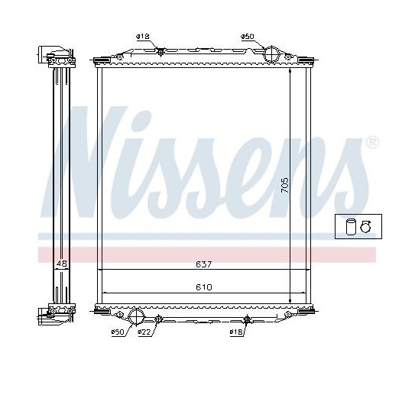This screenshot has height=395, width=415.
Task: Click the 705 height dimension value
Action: click(x=284, y=185)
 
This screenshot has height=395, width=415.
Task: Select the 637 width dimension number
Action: click(x=204, y=264)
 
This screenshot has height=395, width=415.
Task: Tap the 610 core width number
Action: click(x=204, y=287)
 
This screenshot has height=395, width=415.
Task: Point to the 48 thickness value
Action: click(x=62, y=264)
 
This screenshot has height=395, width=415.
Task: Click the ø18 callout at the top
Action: click(x=143, y=37)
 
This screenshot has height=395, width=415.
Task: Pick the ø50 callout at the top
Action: click(x=248, y=37)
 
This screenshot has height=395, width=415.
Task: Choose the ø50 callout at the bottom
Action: click(x=117, y=332)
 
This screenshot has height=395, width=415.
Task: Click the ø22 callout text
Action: click(x=144, y=332)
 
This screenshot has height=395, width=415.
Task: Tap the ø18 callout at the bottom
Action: click(x=236, y=332)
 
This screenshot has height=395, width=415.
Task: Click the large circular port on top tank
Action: click(x=272, y=54)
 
